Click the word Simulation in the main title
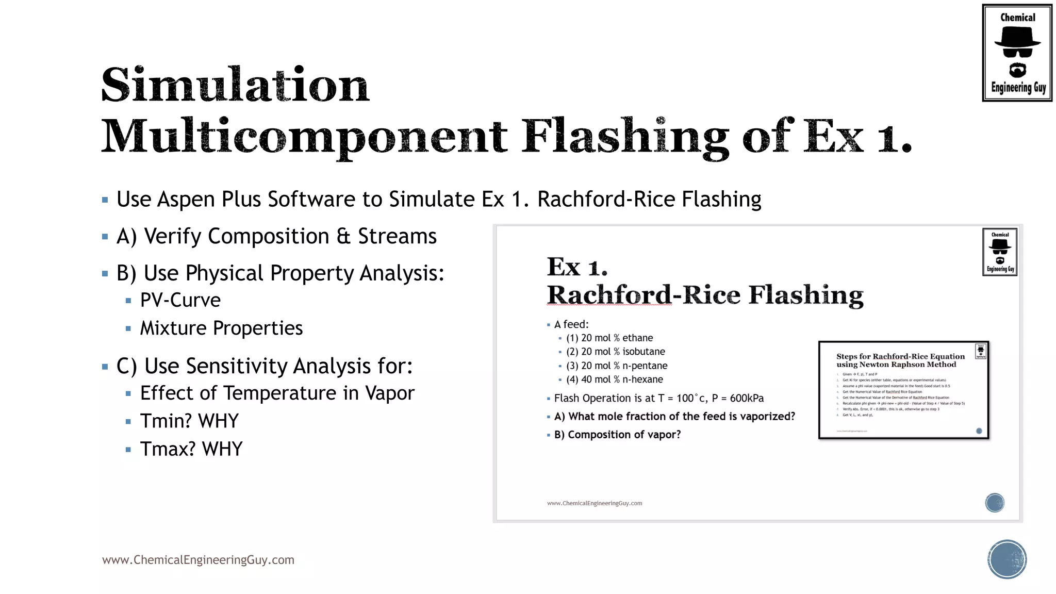(x=235, y=85)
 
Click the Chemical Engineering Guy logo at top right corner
(x=1017, y=53)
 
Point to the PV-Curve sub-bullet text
(x=180, y=300)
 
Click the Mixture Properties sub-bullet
(x=221, y=328)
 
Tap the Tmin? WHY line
(x=189, y=421)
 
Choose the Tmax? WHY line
(x=191, y=449)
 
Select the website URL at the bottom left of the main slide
(x=198, y=560)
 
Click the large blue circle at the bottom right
(x=1006, y=559)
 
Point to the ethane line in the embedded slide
(x=609, y=338)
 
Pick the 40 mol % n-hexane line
(x=615, y=379)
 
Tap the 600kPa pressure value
(x=747, y=398)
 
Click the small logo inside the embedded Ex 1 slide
(x=999, y=252)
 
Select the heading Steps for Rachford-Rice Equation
(x=900, y=356)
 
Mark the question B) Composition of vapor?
(x=617, y=435)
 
